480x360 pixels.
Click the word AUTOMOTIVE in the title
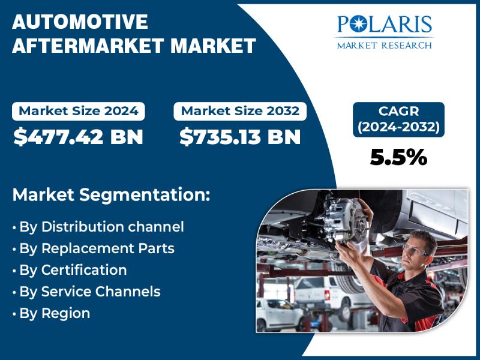coord(80,22)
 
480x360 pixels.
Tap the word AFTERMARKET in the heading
coord(88,46)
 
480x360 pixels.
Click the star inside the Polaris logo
coord(357,24)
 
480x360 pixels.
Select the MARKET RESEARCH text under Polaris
coord(384,46)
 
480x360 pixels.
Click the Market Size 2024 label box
coord(79,111)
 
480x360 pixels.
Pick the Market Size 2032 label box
coord(240,111)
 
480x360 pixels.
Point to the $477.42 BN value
coord(79,137)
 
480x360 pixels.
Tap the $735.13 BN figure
coord(240,137)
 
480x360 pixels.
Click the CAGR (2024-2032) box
coord(398,119)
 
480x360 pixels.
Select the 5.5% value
coord(398,157)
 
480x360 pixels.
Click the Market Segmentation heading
coord(112,194)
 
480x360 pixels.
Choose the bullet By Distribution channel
coord(98,227)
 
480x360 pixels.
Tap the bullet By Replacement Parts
coord(94,248)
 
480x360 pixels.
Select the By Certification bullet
coord(70,270)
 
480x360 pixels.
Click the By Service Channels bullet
coord(86,292)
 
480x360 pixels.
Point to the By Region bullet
coord(52,313)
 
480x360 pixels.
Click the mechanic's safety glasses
coord(415,250)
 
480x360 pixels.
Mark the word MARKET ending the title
coord(213,46)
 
